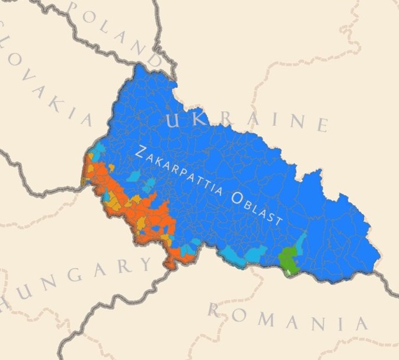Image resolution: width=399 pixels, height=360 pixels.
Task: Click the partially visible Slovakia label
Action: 44,77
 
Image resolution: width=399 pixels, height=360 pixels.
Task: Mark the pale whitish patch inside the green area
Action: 289,271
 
